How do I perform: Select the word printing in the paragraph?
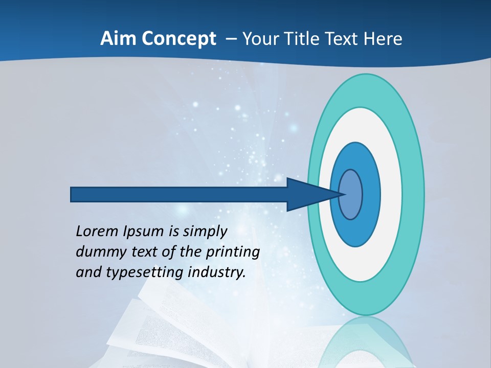tap(232, 252)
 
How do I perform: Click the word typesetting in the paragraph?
tap(145, 273)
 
